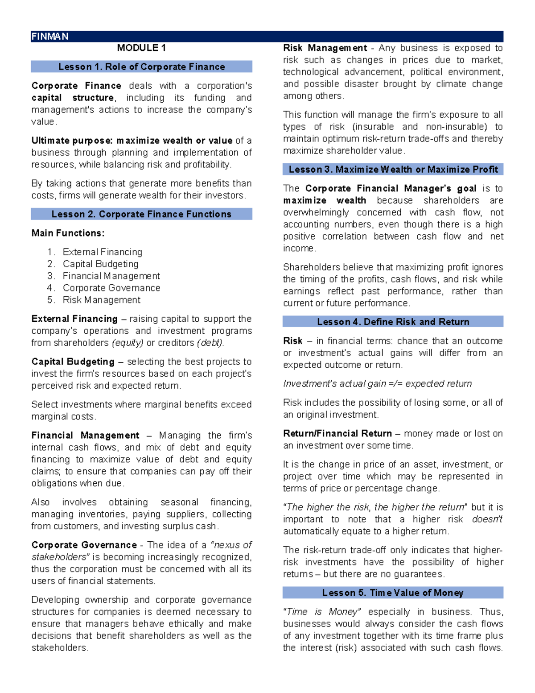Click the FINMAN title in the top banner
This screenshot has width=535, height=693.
49,37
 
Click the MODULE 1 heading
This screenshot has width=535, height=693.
141,48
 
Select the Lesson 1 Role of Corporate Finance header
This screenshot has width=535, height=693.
141,67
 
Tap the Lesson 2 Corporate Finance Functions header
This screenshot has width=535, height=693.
141,214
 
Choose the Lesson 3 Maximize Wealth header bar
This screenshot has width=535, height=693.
393,170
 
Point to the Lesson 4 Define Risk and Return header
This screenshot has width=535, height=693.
393,322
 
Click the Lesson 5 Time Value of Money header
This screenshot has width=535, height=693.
393,593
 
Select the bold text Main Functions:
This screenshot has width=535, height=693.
68,233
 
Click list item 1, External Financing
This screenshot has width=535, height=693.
102,252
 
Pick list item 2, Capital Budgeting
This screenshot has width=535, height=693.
100,264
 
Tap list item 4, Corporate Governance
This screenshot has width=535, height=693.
111,288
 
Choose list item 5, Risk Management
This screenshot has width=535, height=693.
101,300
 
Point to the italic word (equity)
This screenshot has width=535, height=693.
128,343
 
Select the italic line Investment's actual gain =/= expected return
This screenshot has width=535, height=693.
377,384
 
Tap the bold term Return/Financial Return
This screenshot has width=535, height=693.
337,433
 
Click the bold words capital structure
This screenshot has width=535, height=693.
73,98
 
